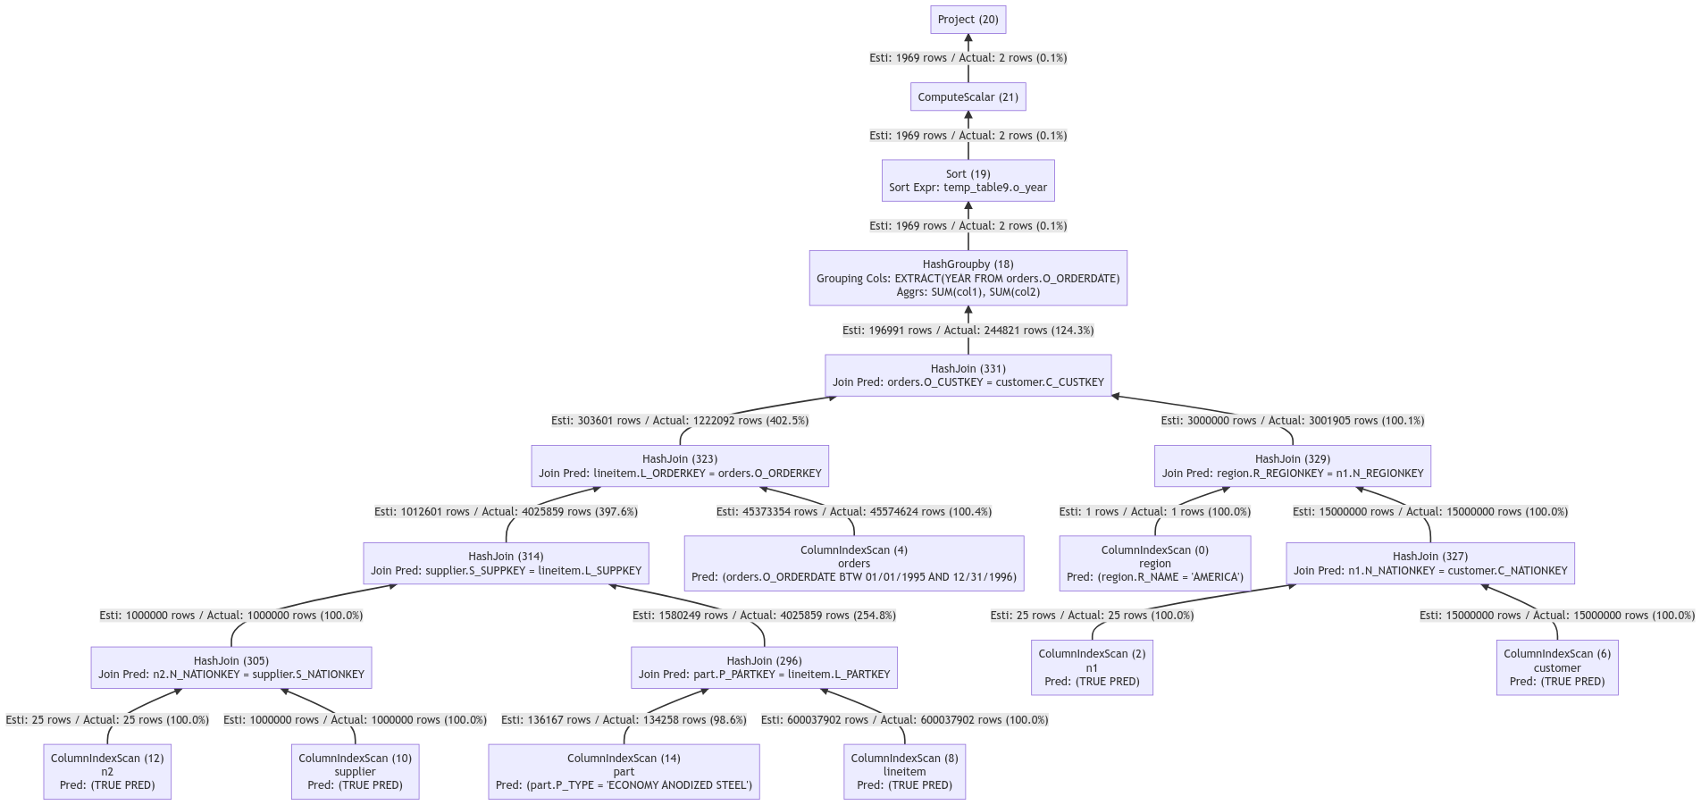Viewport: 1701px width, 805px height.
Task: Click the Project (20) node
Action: (x=968, y=20)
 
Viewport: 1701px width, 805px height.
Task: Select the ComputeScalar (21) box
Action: (x=968, y=96)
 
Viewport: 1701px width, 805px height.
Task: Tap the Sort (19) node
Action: (x=968, y=180)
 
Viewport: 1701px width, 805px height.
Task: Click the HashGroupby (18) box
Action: (x=968, y=278)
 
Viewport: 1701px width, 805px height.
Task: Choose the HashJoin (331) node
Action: (x=968, y=375)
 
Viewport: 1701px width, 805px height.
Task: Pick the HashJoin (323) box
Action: (x=680, y=466)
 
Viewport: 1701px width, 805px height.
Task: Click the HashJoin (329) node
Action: (x=1292, y=466)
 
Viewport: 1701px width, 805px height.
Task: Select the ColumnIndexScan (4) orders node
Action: (x=853, y=563)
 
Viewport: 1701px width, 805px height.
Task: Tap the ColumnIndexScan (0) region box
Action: (x=1154, y=563)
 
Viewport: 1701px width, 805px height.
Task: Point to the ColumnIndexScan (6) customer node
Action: (x=1556, y=667)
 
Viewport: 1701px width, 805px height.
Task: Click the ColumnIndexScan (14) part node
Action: (x=624, y=771)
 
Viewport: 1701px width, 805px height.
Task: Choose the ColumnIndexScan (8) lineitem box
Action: (x=904, y=771)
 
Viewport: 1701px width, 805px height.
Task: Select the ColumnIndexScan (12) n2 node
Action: (x=107, y=771)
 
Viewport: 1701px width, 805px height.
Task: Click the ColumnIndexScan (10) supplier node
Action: (x=355, y=771)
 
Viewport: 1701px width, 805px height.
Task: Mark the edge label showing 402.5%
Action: (x=680, y=421)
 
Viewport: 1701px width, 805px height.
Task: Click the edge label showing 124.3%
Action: (x=968, y=331)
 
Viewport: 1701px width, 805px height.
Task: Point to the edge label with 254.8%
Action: (x=764, y=616)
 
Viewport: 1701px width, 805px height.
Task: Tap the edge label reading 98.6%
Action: (x=624, y=720)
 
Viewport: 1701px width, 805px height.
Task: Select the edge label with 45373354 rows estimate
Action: (x=853, y=512)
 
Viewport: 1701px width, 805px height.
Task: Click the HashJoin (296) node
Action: (x=764, y=667)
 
